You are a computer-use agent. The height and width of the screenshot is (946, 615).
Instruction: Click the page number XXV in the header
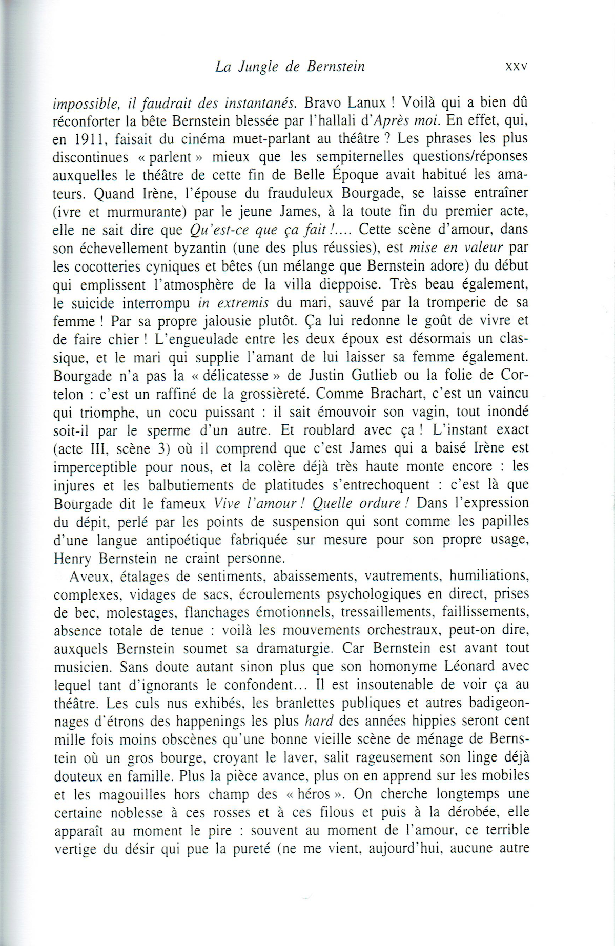pos(516,67)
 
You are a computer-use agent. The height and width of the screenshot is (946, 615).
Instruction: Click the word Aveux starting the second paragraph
pos(90,577)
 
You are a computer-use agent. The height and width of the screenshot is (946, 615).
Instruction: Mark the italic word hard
pos(319,721)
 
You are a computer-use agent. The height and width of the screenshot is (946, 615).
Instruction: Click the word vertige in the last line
pos(76,849)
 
